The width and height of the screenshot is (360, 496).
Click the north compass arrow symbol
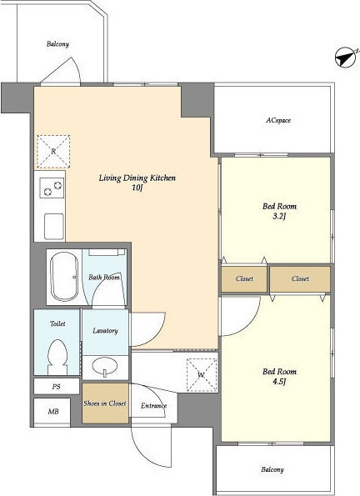coord(346,58)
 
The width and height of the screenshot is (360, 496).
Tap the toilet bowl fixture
coord(57,357)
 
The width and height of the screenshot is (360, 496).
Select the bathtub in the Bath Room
coord(64,277)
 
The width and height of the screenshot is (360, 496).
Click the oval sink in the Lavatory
coord(105,366)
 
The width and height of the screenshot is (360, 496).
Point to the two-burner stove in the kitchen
coord(52,188)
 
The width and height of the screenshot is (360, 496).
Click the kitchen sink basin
coord(54,227)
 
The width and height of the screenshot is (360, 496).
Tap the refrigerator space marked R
coord(53,151)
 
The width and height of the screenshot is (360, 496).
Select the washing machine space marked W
coord(202,375)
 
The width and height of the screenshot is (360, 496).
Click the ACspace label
coord(278,121)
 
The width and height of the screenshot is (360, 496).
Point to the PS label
coord(57,387)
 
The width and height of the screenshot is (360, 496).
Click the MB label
coord(53,412)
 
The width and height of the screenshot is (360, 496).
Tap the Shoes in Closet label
coord(105,403)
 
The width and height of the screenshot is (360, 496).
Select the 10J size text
coord(137,188)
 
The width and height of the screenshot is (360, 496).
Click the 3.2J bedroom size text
coord(279,217)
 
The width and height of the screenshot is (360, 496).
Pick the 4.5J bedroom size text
coord(279,382)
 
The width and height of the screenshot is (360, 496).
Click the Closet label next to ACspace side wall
coord(300,278)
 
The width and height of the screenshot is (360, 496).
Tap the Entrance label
coord(153,405)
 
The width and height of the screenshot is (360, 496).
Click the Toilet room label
coord(57,323)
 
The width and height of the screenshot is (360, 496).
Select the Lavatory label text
coord(105,331)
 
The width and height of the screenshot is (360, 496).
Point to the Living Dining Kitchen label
coord(137,178)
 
